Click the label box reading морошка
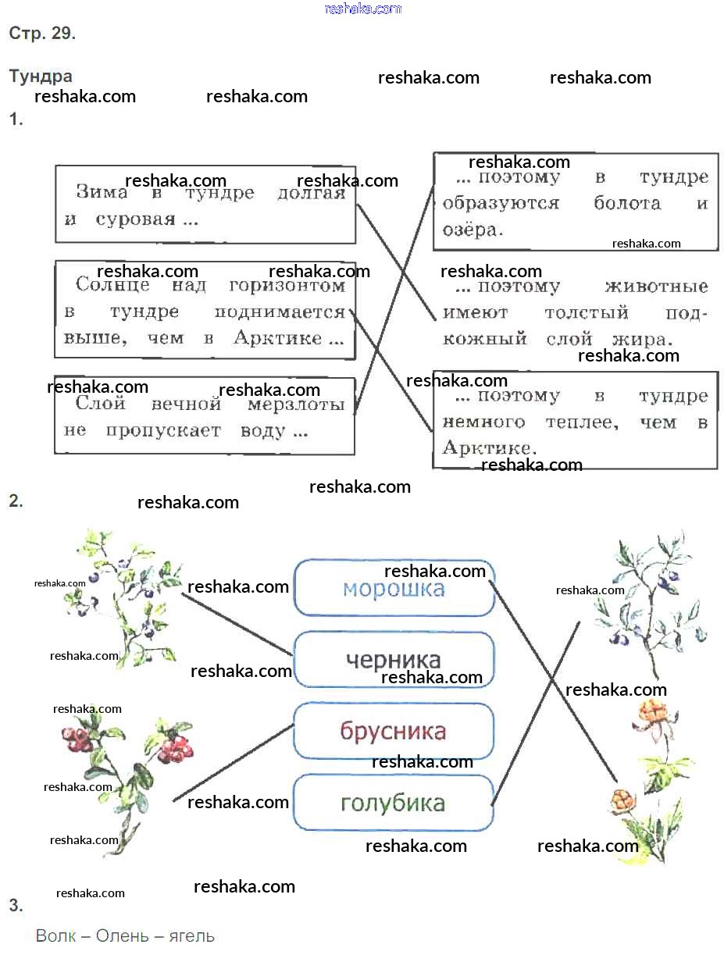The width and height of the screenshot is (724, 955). tap(394, 588)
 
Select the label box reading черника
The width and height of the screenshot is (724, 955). tap(394, 660)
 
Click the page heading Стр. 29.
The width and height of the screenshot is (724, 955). tap(42, 34)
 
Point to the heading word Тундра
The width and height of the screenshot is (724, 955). tap(41, 77)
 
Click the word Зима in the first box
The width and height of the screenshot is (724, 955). tap(102, 193)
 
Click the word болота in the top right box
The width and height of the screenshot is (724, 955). tap(626, 204)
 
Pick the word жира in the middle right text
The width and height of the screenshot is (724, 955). tap(642, 340)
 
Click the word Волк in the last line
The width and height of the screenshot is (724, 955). tap(55, 935)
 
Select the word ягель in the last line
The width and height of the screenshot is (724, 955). tap(191, 935)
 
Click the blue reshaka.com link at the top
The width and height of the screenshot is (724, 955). tap(362, 9)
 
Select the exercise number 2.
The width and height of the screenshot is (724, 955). tap(16, 501)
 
